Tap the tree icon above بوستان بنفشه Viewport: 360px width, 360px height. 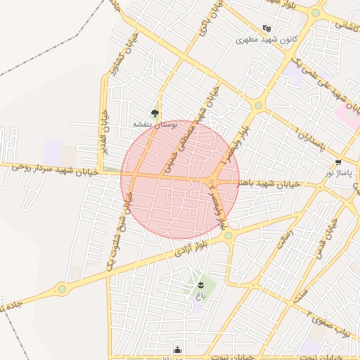pos(155,112)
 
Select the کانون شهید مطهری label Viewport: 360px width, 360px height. pos(267,39)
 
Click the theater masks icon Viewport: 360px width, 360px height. pos(266,29)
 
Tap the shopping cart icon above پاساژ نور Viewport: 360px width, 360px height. pos(338,161)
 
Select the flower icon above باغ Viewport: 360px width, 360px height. pos(200,284)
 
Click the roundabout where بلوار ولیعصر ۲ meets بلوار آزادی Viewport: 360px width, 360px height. pos(229,236)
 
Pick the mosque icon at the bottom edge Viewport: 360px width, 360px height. pos(176,349)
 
